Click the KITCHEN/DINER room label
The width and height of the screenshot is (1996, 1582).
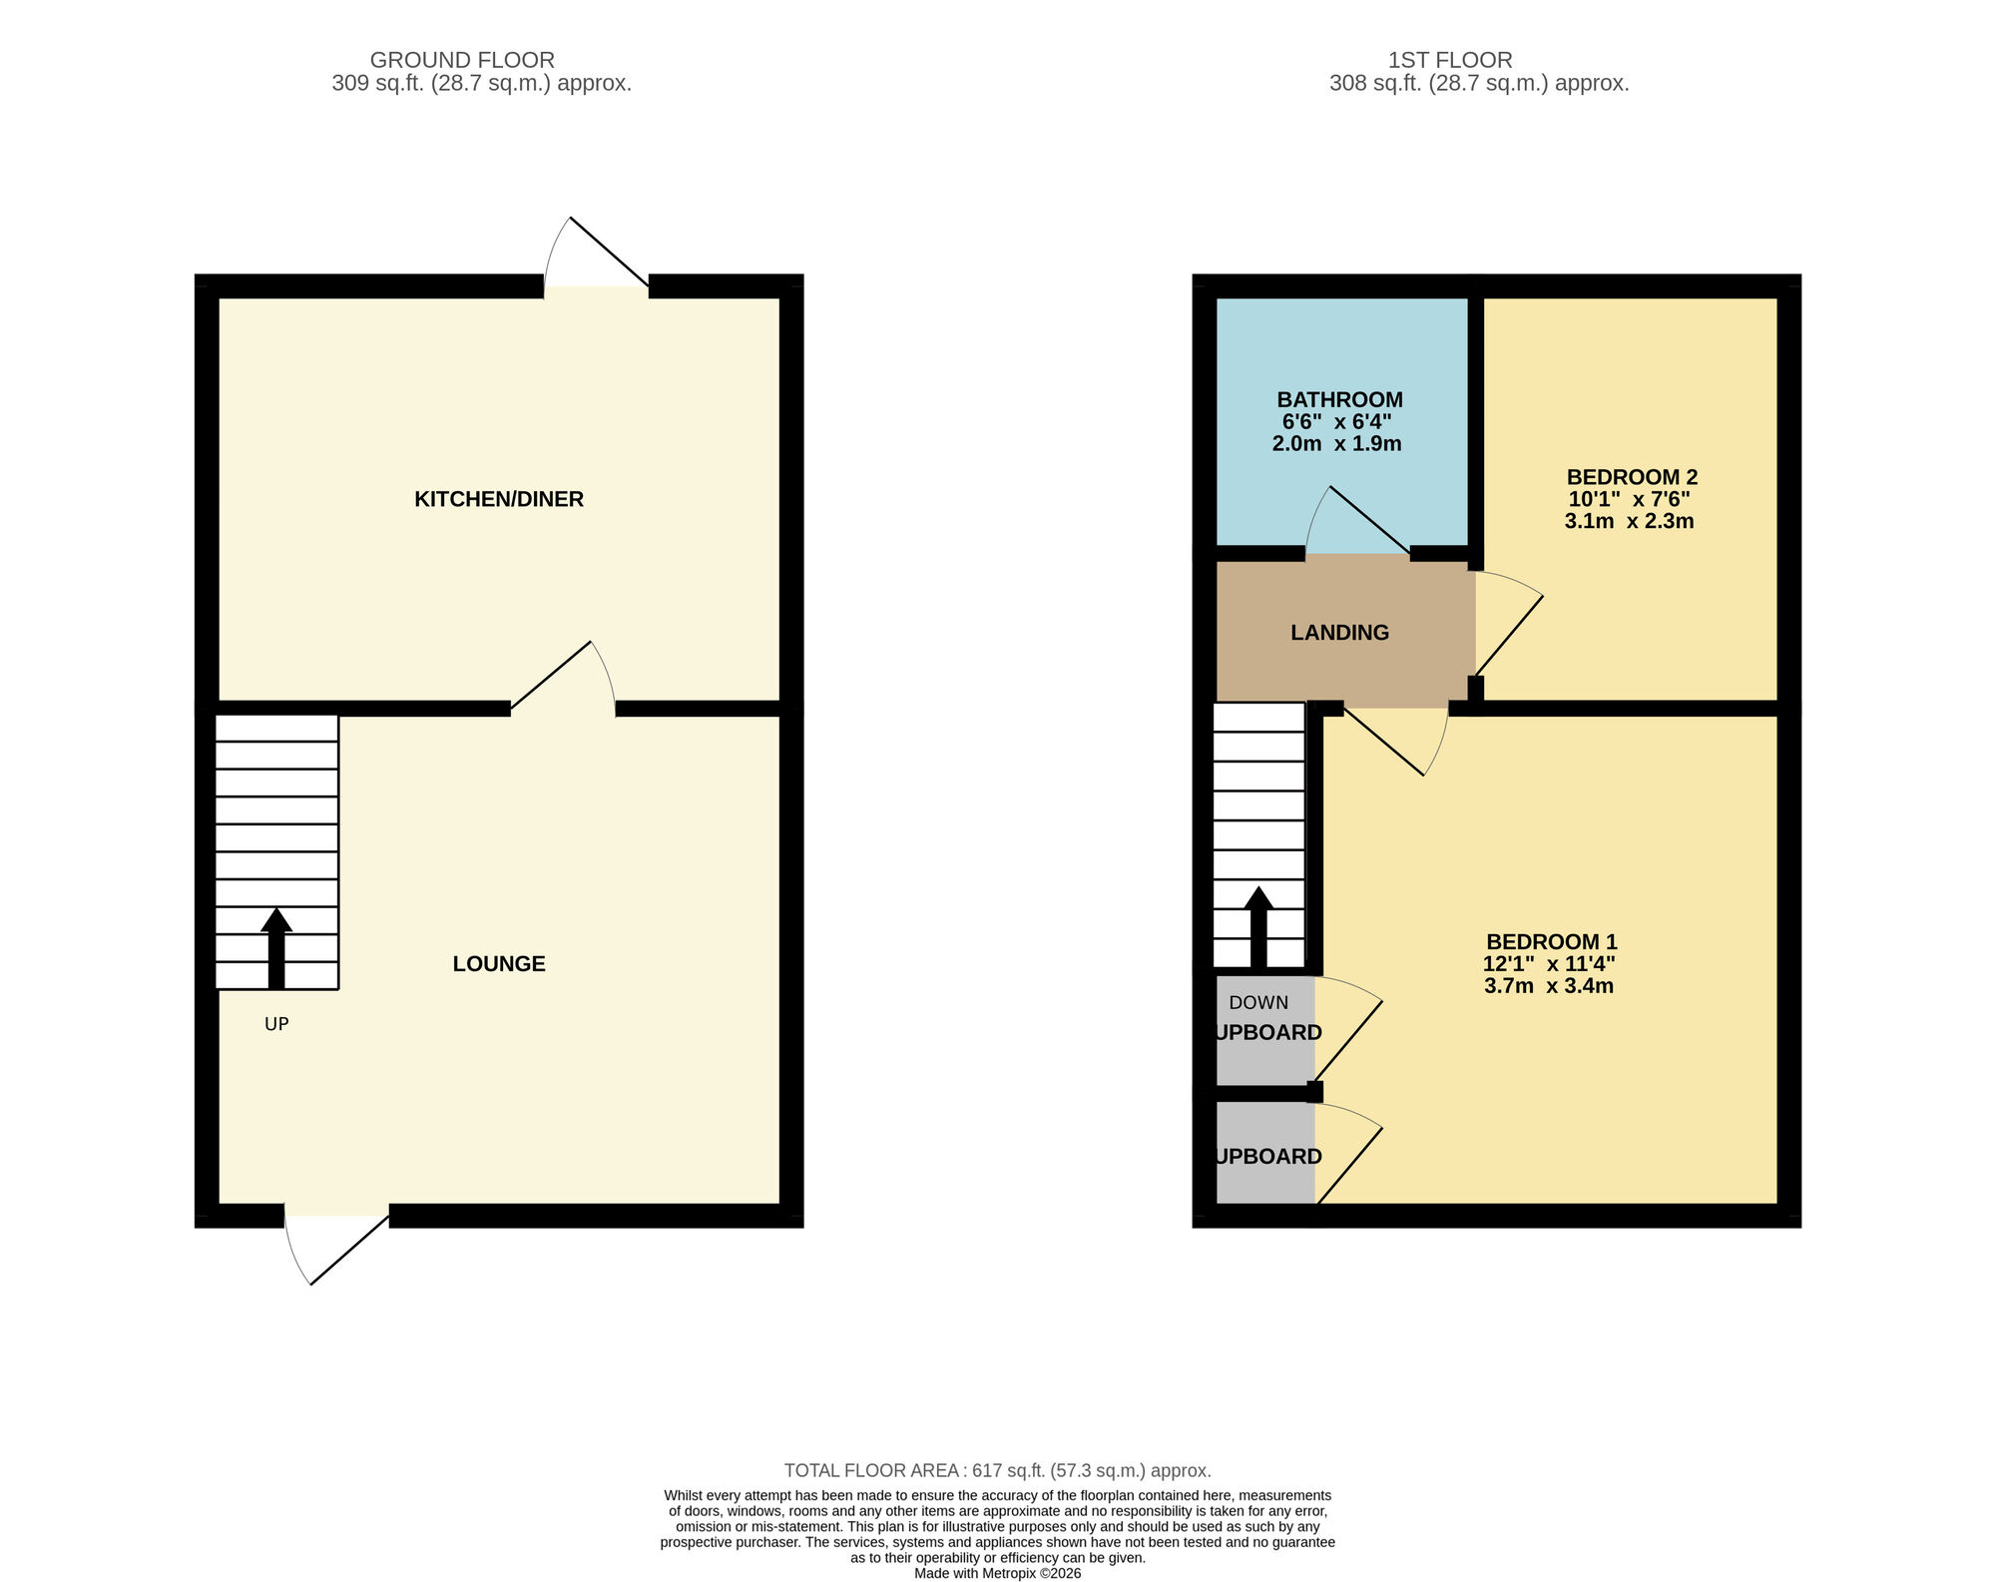pos(498,499)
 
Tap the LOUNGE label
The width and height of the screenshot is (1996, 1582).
pos(498,963)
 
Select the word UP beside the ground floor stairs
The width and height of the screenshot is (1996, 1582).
pos(276,1024)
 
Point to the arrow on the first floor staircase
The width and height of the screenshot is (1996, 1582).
pos(1258,925)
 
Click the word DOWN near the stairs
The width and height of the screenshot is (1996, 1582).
pos(1257,1003)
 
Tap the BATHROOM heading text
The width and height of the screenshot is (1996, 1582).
pos(1339,399)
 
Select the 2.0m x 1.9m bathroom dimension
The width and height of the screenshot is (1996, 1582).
pos(1336,444)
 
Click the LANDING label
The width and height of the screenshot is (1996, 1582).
pos(1339,633)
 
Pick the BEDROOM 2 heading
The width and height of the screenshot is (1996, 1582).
pos(1632,477)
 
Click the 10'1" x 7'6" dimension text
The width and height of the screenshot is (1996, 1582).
pos(1629,499)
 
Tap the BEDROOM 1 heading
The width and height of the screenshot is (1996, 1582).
pos(1551,941)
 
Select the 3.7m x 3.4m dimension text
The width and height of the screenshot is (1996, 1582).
pos(1549,986)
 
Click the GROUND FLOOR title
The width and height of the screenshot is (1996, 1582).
pos(462,60)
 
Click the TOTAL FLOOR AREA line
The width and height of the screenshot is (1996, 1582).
pos(997,1470)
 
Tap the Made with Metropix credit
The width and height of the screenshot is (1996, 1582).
pos(997,1573)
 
